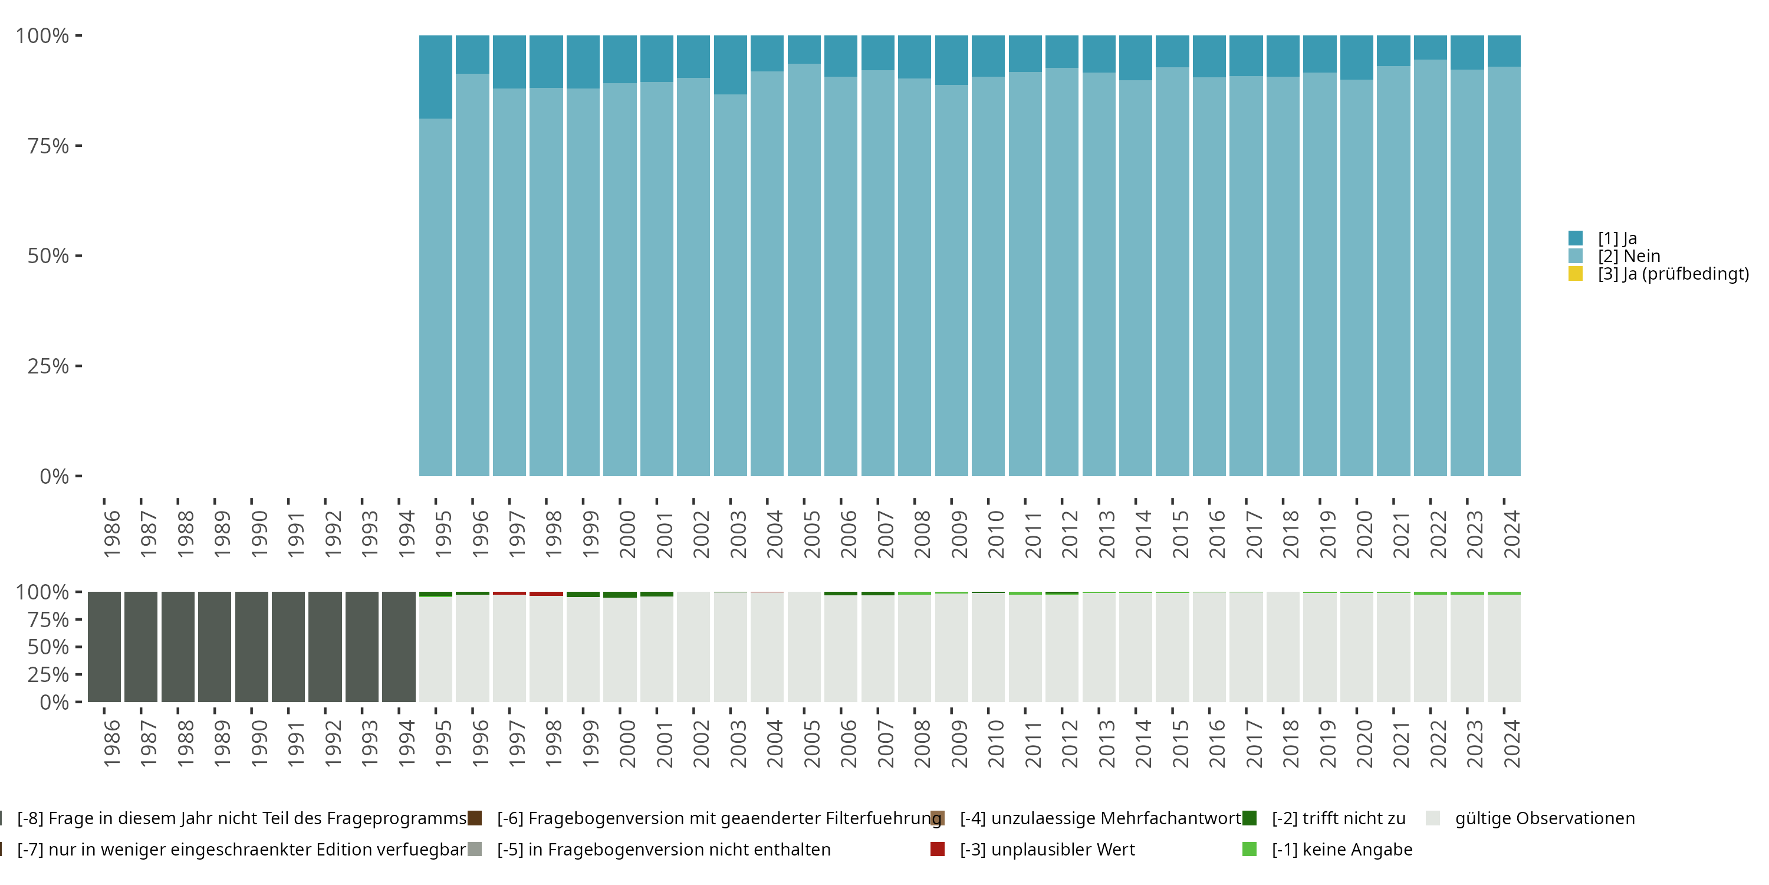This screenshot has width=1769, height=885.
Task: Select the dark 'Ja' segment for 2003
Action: (730, 64)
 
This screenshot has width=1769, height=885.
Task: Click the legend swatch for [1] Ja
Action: (1576, 238)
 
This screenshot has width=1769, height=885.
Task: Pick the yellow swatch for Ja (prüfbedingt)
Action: (1576, 274)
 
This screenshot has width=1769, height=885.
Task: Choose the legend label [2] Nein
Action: (1628, 256)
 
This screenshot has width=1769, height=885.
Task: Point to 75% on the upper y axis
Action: (48, 146)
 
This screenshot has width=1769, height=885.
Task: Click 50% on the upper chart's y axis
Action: (48, 256)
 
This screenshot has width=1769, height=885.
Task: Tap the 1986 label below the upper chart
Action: (111, 534)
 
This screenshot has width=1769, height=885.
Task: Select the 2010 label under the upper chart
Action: (996, 534)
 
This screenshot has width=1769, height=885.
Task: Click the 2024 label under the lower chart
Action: (1511, 743)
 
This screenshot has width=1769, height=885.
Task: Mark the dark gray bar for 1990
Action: (251, 647)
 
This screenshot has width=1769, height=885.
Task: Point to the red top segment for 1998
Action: (546, 594)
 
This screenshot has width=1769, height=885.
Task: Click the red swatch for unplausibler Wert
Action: (938, 849)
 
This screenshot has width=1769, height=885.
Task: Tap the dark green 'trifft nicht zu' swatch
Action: (1249, 818)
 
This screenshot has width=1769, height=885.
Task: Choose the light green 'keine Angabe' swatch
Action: (1249, 849)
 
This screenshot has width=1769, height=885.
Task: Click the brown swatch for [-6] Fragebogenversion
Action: (475, 818)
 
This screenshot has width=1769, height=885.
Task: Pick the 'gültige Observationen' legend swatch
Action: (1432, 818)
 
